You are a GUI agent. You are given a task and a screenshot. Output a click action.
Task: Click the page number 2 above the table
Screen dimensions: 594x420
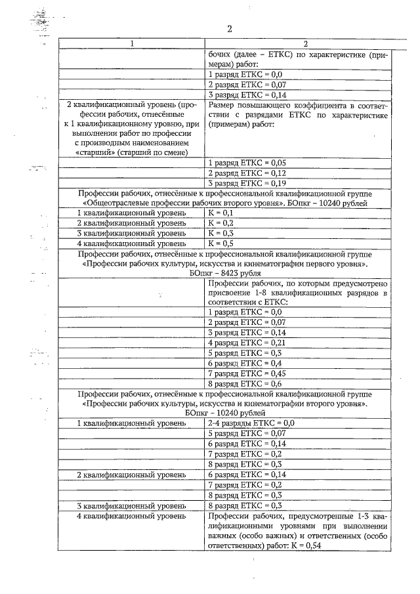229,29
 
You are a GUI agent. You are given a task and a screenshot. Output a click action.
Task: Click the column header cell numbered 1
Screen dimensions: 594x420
132,44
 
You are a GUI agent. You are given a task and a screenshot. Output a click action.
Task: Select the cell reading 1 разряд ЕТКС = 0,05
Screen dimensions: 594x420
246,162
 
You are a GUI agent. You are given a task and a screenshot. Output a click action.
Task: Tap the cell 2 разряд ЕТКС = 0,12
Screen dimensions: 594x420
246,173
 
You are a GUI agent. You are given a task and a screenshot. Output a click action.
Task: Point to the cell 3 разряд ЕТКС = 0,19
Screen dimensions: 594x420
246,183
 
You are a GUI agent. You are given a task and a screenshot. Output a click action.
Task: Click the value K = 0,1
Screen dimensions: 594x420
220,213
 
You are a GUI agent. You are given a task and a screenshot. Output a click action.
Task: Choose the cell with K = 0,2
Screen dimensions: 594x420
220,223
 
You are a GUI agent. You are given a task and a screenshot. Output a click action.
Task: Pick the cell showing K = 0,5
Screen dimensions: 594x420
220,243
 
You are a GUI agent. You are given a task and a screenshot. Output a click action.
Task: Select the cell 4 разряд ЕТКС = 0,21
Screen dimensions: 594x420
246,343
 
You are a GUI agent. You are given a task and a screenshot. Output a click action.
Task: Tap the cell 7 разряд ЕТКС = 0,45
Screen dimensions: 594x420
246,373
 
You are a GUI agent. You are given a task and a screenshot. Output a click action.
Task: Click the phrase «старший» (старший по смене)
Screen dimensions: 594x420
132,152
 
